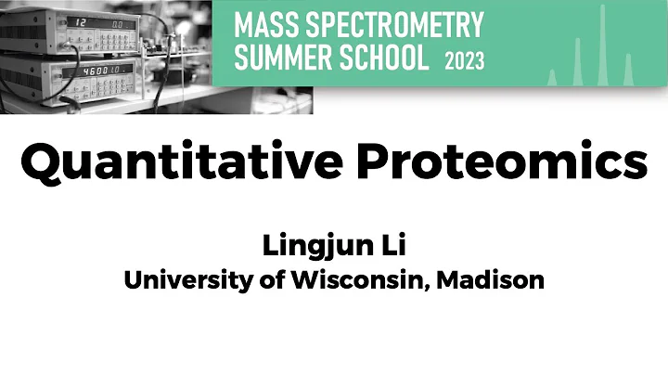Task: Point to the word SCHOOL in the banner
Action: pos(391,58)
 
